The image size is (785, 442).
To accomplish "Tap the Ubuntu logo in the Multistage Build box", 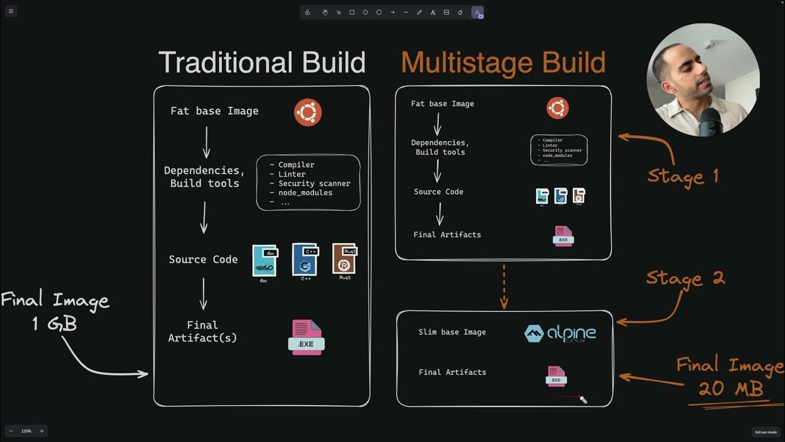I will (557, 109).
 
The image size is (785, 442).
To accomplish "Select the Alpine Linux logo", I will (560, 333).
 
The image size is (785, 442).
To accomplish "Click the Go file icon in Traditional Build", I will (264, 261).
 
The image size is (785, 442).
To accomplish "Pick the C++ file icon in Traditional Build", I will (305, 260).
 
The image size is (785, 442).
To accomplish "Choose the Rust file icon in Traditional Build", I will (345, 259).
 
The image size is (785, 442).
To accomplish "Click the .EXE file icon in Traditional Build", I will (306, 338).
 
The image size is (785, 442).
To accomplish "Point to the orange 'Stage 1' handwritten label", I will (683, 177).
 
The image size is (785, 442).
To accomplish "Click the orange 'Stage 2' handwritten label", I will (685, 279).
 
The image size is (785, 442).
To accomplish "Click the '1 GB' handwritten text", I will (55, 324).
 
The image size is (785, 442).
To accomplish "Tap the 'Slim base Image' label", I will (452, 332).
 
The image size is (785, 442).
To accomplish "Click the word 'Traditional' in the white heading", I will (226, 63).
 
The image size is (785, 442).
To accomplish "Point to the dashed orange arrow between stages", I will (504, 285).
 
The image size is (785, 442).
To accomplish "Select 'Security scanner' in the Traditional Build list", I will (314, 184).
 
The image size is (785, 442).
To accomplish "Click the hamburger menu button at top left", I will (10, 11).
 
